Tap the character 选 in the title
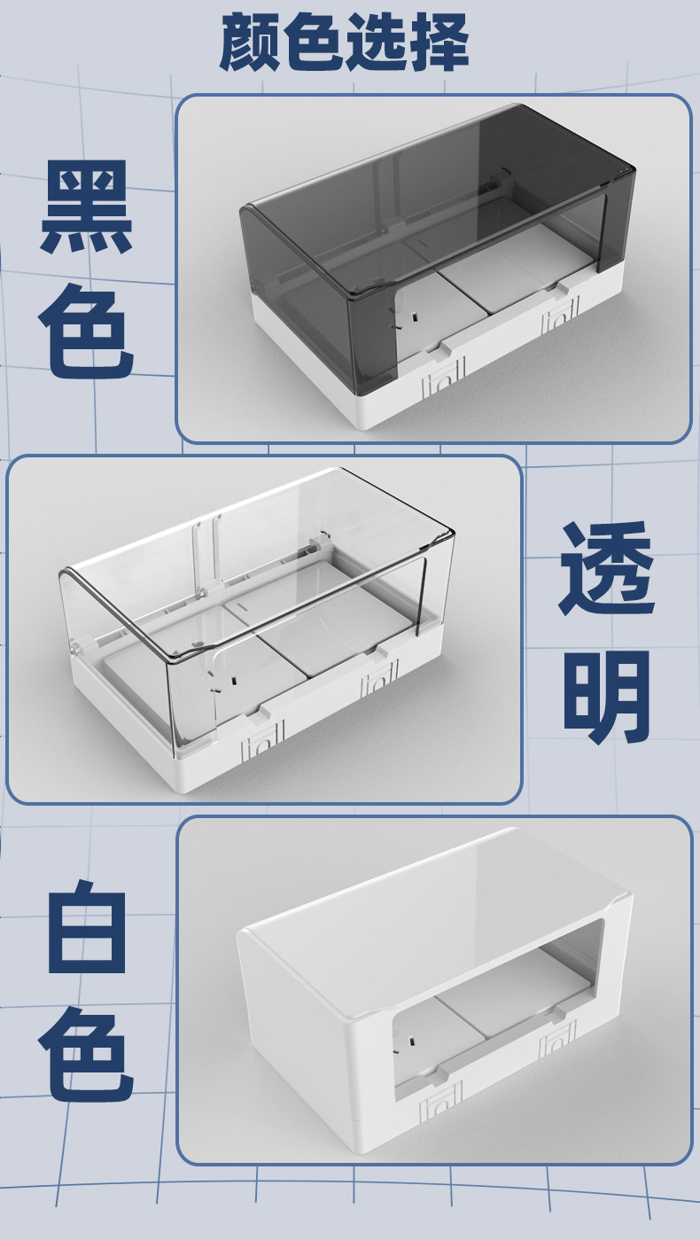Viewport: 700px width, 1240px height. click(x=375, y=43)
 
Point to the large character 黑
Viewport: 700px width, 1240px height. click(x=87, y=207)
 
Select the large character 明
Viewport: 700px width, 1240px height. click(x=607, y=698)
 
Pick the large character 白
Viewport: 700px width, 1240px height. click(x=87, y=925)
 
